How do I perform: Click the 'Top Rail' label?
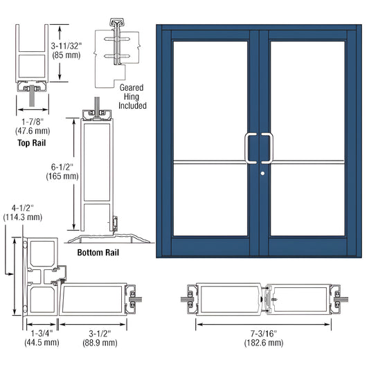(x=33, y=143)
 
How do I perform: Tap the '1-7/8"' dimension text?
(x=32, y=122)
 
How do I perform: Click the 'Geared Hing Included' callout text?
(x=132, y=98)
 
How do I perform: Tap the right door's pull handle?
(x=271, y=146)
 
